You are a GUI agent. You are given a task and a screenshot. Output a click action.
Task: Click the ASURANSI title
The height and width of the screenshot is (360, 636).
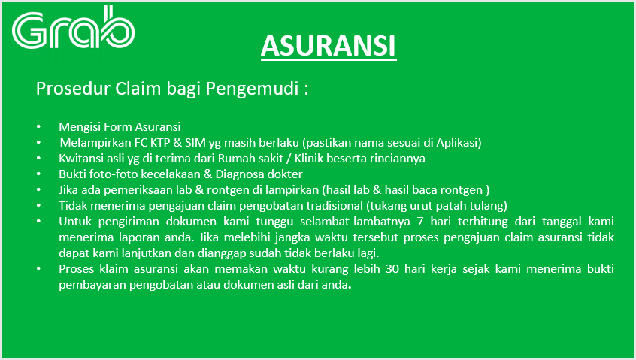click(x=328, y=45)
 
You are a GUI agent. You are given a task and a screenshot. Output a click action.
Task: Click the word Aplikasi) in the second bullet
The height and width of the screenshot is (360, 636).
click(x=459, y=143)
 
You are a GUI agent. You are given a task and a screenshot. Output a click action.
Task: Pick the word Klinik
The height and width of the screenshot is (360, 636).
click(x=309, y=158)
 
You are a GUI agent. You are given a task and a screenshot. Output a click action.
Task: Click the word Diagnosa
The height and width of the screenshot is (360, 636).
click(x=238, y=174)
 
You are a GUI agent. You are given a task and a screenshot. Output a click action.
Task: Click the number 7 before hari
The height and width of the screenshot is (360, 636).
click(x=420, y=222)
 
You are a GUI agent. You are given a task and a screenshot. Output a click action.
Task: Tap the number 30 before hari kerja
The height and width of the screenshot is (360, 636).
click(x=392, y=269)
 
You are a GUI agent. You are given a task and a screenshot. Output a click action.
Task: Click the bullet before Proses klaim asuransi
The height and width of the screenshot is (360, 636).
click(x=38, y=268)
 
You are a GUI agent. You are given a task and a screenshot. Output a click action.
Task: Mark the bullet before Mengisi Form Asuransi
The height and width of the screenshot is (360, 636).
click(x=38, y=126)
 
